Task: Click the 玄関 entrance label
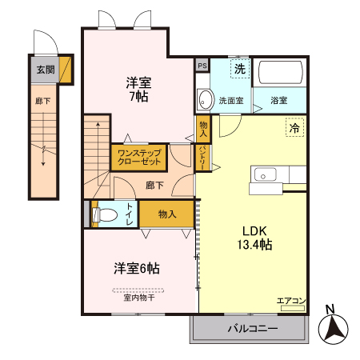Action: point(45,70)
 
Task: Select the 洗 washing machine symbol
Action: point(239,70)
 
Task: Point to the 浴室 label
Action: point(279,101)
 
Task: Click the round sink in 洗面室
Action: point(206,100)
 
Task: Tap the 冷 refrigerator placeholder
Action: point(294,127)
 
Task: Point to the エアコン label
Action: point(291,301)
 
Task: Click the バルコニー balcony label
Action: point(251,329)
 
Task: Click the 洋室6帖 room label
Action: point(136,268)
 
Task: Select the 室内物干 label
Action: point(139,298)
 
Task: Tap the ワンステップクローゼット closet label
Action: point(139,156)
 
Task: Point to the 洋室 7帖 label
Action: point(137,89)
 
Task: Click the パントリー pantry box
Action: point(203,155)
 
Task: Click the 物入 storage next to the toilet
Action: point(166,214)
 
